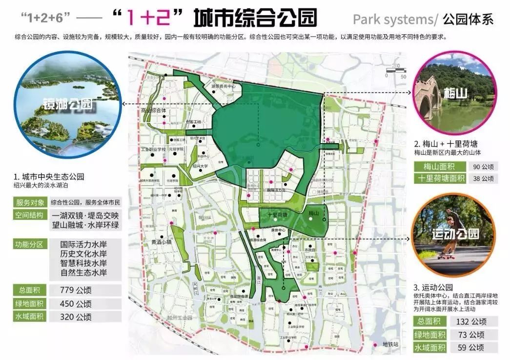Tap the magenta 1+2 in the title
150,18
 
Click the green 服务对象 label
30,202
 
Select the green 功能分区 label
30,244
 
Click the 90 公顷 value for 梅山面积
483,166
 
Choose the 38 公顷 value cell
483,178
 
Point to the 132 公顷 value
471,321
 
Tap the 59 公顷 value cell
471,348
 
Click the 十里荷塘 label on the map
277,215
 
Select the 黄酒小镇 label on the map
162,242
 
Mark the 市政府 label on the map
309,250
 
